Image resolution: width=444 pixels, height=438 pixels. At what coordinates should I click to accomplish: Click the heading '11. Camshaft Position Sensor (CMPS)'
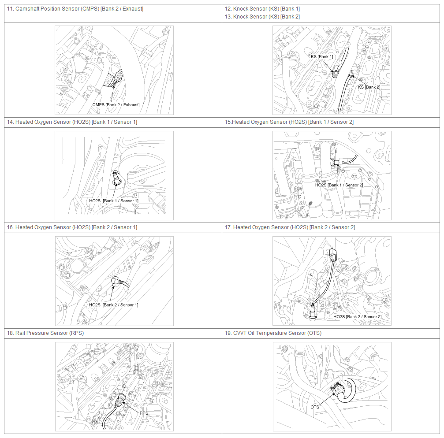(x=53, y=9)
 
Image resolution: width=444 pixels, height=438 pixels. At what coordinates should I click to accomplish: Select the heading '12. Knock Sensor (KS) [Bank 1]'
(x=262, y=9)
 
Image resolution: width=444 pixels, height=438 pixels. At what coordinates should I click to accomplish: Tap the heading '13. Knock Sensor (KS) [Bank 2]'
(x=262, y=17)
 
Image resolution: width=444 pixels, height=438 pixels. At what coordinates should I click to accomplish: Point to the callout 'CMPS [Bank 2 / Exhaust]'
(x=116, y=105)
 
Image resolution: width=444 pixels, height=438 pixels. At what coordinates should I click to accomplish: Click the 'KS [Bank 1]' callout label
(x=322, y=56)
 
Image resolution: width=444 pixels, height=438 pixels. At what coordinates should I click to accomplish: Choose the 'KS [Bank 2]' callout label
(x=369, y=87)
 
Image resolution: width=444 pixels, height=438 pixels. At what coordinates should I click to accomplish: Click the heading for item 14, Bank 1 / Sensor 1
(x=72, y=122)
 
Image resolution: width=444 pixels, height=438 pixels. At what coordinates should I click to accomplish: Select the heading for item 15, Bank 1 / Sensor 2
(x=289, y=122)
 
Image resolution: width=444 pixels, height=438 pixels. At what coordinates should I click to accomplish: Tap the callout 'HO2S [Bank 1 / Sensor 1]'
(x=114, y=201)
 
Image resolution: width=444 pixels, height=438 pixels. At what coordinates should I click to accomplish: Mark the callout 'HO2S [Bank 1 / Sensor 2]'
(x=339, y=185)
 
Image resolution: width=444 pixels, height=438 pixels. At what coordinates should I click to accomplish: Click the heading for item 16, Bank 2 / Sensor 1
(x=72, y=227)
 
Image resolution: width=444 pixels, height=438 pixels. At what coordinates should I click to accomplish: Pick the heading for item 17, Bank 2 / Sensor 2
(x=290, y=227)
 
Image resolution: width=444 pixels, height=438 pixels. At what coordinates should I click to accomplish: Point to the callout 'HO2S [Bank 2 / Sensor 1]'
(x=114, y=305)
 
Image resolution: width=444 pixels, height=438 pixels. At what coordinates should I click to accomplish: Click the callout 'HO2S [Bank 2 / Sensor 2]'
(x=357, y=317)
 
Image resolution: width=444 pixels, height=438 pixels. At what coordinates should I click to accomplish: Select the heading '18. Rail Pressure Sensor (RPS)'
(x=45, y=333)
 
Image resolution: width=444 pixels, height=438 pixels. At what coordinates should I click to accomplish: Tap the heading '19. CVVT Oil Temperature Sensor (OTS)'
(x=273, y=333)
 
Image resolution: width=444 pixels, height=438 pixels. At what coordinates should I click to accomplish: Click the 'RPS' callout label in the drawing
(x=144, y=413)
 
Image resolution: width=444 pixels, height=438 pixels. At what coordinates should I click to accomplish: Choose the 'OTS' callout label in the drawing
(x=315, y=407)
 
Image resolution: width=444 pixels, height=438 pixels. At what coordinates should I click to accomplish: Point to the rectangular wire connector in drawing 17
(x=333, y=254)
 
